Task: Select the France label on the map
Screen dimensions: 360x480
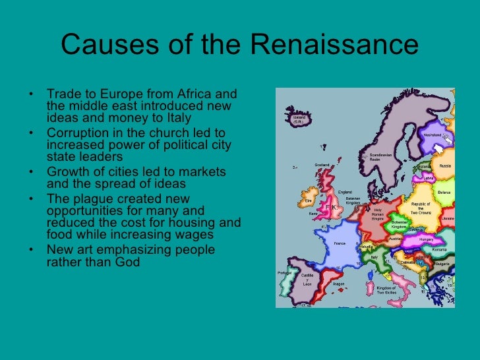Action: [x=340, y=243]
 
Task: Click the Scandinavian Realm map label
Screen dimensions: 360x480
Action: [x=375, y=158]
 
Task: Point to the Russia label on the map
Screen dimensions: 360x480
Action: [x=445, y=166]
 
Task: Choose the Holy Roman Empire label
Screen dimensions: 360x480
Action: [x=378, y=214]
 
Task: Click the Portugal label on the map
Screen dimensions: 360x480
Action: [x=284, y=273]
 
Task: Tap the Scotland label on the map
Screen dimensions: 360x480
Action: [x=322, y=165]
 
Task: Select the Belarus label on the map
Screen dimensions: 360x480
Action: [x=444, y=193]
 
